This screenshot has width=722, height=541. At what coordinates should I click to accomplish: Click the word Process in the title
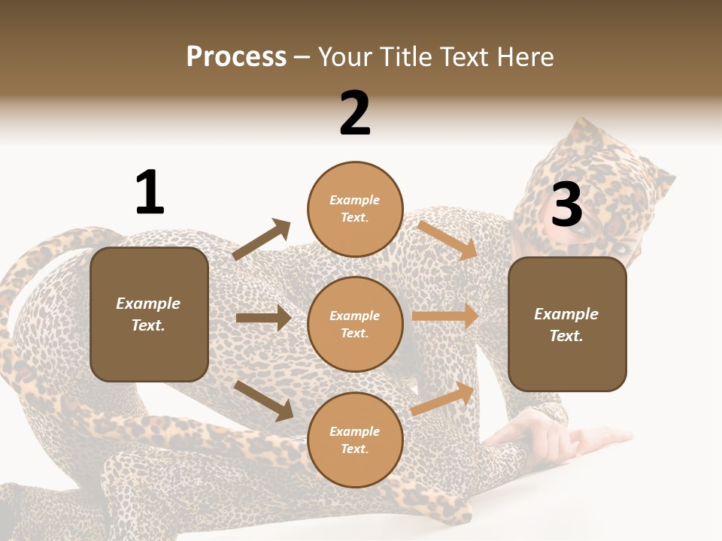(x=236, y=56)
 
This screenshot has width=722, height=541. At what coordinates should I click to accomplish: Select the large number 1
(x=150, y=193)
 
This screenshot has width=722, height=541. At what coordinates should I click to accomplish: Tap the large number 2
(x=355, y=113)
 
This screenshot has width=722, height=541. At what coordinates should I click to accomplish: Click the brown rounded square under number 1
(x=149, y=314)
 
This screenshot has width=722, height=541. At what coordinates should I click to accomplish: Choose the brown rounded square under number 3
(x=567, y=325)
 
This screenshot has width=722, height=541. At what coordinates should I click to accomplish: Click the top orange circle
(x=355, y=209)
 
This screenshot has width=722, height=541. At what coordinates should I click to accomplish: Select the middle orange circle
(x=355, y=325)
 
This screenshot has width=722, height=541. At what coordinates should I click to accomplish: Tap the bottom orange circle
(x=355, y=440)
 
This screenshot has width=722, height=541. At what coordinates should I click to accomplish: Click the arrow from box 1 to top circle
(x=262, y=240)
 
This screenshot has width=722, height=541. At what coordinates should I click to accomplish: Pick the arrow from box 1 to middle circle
(x=263, y=318)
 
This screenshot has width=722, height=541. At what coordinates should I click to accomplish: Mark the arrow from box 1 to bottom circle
(x=264, y=400)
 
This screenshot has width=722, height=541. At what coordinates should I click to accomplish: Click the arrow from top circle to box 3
(x=448, y=240)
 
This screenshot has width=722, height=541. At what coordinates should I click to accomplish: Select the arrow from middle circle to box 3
(x=445, y=316)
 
